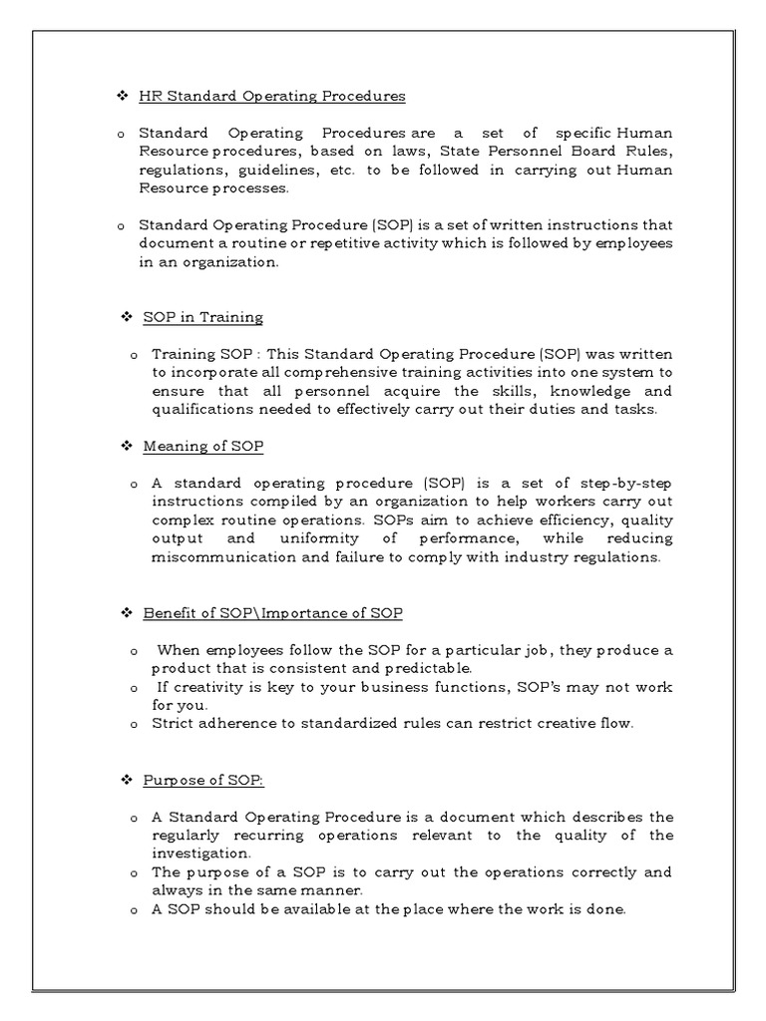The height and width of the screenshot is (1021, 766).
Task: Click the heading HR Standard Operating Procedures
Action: [x=271, y=97]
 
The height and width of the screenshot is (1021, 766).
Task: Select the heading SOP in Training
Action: [x=202, y=317]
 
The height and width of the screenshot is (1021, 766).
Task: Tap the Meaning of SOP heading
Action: [x=203, y=446]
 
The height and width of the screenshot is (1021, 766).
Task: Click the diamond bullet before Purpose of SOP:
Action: [x=127, y=778]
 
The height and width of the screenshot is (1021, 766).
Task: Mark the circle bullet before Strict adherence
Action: [x=134, y=724]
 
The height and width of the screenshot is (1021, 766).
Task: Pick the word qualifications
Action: [x=201, y=409]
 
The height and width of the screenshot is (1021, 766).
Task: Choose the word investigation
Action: [x=198, y=853]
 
